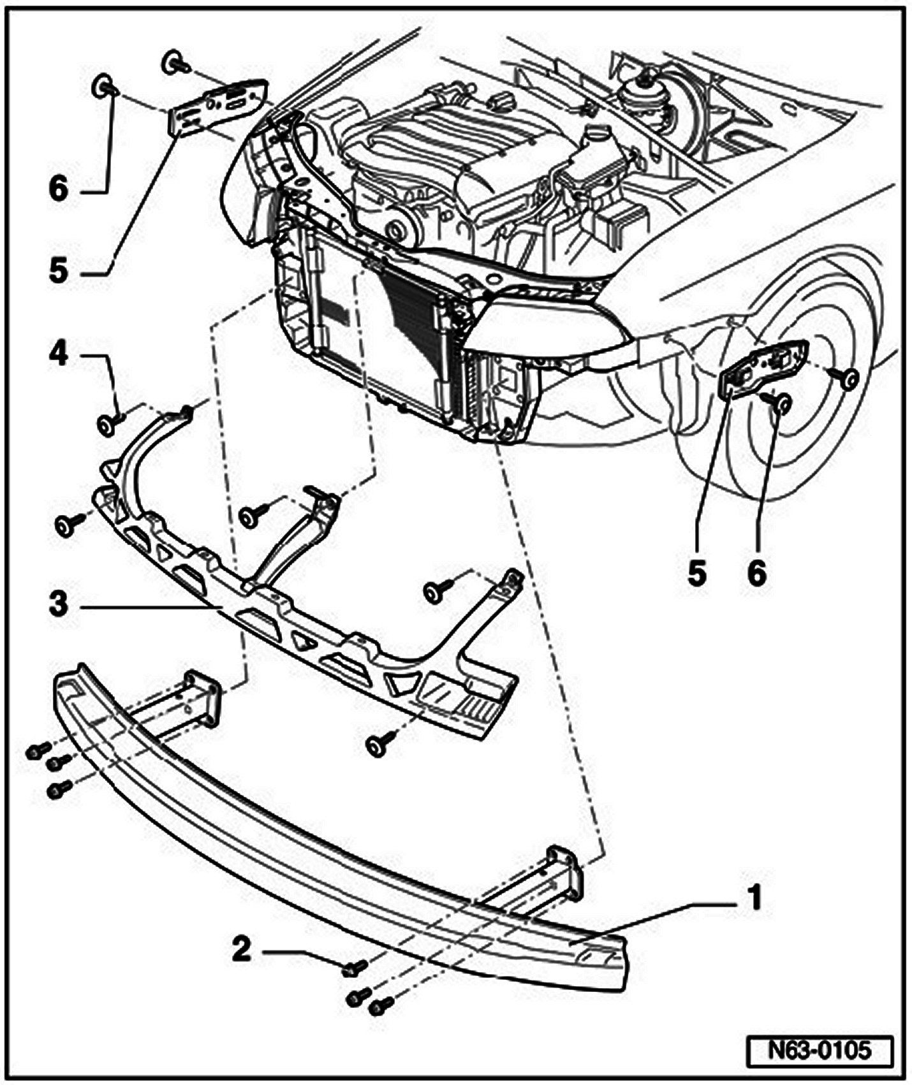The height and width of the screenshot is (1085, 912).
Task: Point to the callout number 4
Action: click(x=58, y=355)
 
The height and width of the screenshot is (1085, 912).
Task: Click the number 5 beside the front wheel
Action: click(x=697, y=574)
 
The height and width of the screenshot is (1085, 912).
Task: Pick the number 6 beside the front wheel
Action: click(x=756, y=574)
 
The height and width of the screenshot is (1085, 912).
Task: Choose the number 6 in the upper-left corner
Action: click(x=58, y=189)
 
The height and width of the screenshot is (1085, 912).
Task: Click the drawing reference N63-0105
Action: click(x=820, y=1049)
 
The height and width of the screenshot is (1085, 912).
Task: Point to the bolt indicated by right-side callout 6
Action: click(x=782, y=402)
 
